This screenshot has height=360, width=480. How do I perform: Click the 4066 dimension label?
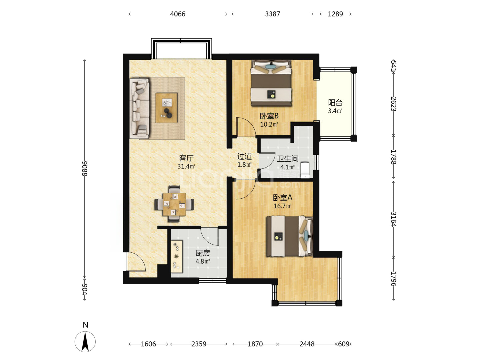click(x=178, y=14)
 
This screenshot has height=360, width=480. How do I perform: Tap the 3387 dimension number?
click(x=272, y=14)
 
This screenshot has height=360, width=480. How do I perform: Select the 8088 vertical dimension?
click(x=85, y=168)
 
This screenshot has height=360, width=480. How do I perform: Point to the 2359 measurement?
click(x=199, y=344)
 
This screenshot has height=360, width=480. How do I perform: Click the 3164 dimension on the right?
click(x=393, y=219)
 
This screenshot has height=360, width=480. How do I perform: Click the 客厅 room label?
click(x=186, y=158)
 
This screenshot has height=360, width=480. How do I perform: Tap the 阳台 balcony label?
click(x=335, y=103)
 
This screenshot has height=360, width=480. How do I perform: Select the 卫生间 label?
click(x=288, y=159)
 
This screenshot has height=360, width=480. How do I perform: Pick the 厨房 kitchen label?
click(x=203, y=253)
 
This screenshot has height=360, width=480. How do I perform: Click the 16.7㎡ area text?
click(x=282, y=206)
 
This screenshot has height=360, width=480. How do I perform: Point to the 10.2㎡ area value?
click(x=269, y=124)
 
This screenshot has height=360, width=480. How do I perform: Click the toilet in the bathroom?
click(x=305, y=170)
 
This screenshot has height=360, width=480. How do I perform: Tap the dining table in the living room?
click(x=174, y=204)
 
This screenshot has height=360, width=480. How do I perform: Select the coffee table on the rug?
click(x=166, y=108)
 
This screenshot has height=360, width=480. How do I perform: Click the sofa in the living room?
click(x=140, y=109)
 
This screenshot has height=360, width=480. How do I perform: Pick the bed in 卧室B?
click(x=271, y=83)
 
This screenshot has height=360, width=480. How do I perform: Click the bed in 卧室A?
click(x=290, y=236)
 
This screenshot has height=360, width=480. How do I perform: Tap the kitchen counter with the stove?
click(x=177, y=256)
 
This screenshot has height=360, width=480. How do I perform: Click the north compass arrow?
click(x=85, y=341)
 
